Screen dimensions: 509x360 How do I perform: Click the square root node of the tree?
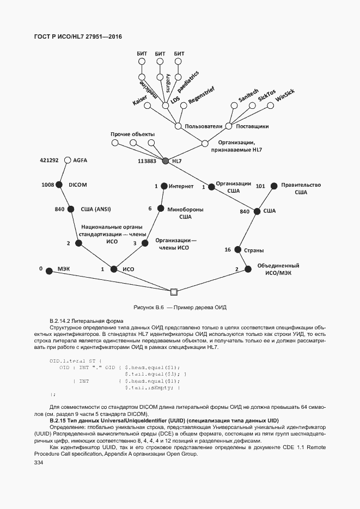pos(174,292)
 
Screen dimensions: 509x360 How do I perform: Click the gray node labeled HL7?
pos(166,161)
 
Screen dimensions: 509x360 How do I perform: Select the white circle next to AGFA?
pos(68,161)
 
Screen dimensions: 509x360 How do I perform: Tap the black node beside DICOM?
pos(59,185)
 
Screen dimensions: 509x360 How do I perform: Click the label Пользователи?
pos(204,126)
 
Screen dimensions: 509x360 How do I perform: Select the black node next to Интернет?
pos(163,186)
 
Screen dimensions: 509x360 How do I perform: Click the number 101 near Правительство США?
pos(260,186)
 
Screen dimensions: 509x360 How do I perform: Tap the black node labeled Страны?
pos(237,250)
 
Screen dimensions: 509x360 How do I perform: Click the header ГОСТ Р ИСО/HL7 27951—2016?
pos(78,37)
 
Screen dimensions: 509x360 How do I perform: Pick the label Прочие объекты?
pos(132,134)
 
